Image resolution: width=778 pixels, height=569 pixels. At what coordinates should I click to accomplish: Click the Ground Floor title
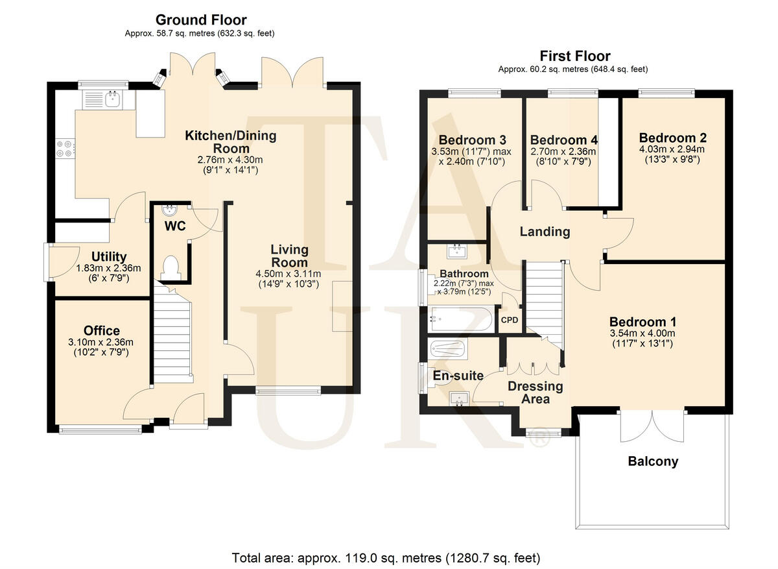[201, 20]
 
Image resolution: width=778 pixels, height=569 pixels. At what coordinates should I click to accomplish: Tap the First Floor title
[575, 56]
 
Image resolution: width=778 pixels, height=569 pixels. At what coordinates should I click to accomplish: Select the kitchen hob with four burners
[65, 149]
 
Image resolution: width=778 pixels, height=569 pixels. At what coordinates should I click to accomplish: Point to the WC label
[175, 226]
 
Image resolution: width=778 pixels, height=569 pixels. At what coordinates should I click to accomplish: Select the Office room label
[102, 331]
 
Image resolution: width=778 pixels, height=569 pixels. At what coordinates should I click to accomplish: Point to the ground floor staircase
[172, 337]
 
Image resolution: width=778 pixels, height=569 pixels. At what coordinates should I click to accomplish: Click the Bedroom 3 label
[472, 140]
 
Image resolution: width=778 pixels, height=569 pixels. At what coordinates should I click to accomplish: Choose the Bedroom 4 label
[563, 140]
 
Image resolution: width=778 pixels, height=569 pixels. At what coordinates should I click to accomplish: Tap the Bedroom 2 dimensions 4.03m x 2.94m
[672, 149]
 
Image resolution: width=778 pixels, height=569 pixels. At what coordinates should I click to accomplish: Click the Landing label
[545, 232]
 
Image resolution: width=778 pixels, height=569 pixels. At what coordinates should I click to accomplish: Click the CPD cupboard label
[509, 320]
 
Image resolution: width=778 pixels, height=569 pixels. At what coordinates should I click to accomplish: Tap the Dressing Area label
[536, 393]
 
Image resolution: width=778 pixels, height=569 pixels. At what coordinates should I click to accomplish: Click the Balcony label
[653, 462]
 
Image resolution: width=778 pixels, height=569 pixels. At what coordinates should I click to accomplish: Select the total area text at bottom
[386, 557]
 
